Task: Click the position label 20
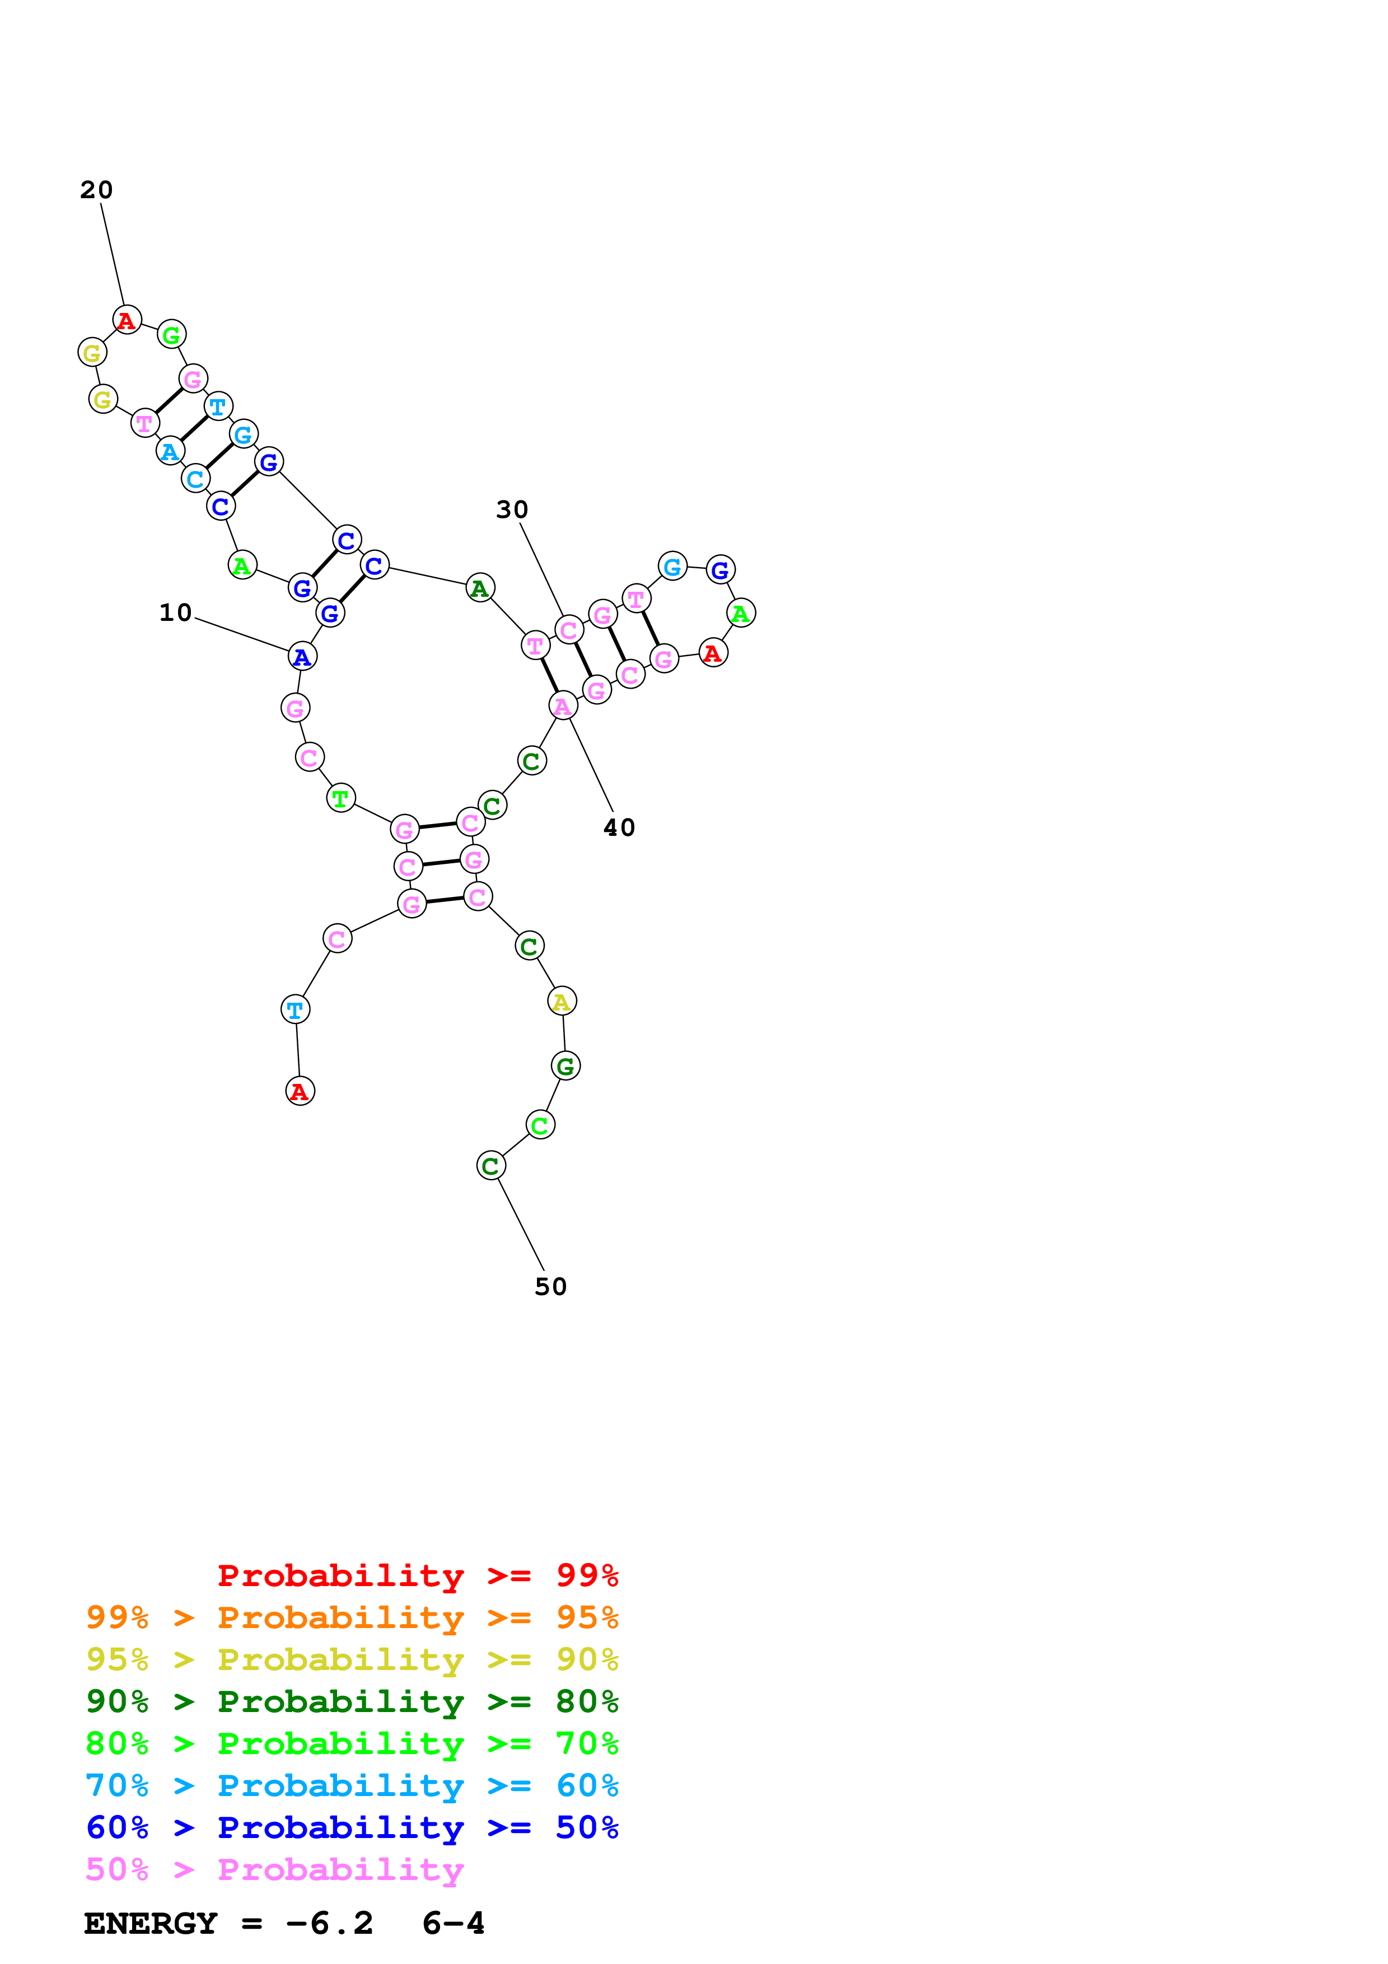(x=97, y=190)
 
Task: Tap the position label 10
(x=175, y=612)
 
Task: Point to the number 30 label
(x=512, y=510)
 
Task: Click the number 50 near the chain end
(x=551, y=1287)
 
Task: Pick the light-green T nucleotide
(x=341, y=798)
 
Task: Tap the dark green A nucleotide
(x=480, y=588)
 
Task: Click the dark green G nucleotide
(x=566, y=1066)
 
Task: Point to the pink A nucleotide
(x=563, y=707)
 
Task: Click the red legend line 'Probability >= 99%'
(x=417, y=1575)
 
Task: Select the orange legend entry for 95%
(x=352, y=1617)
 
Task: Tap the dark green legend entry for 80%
(x=352, y=1701)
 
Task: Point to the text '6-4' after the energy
(x=454, y=1924)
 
